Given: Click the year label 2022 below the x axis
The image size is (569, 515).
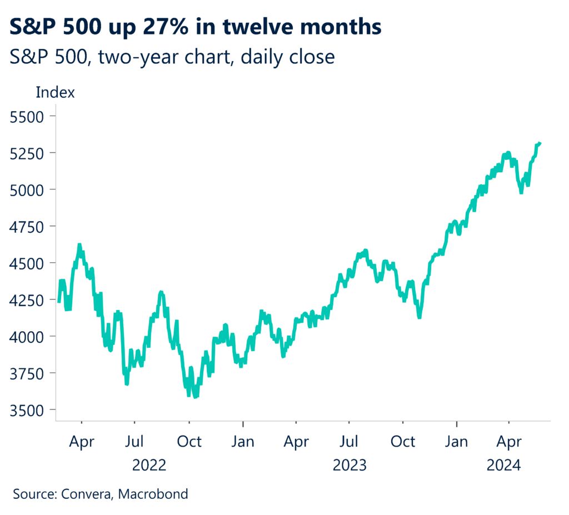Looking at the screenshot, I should click(x=149, y=466).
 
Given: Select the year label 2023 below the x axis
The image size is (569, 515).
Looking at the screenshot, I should click(x=350, y=466).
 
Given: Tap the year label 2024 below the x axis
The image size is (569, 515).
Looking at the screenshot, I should click(x=504, y=466).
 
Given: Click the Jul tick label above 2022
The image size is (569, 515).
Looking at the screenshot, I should click(x=135, y=442).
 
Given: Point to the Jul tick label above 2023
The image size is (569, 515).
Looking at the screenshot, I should click(x=350, y=442).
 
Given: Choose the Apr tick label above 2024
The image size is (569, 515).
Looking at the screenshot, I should click(x=509, y=442).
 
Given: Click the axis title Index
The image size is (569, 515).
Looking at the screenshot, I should click(x=55, y=92).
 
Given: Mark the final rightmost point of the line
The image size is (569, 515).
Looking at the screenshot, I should click(x=540, y=143).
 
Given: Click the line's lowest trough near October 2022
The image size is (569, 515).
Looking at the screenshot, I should click(x=196, y=397).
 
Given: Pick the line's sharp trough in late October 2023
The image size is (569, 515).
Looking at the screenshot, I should click(x=420, y=317).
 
